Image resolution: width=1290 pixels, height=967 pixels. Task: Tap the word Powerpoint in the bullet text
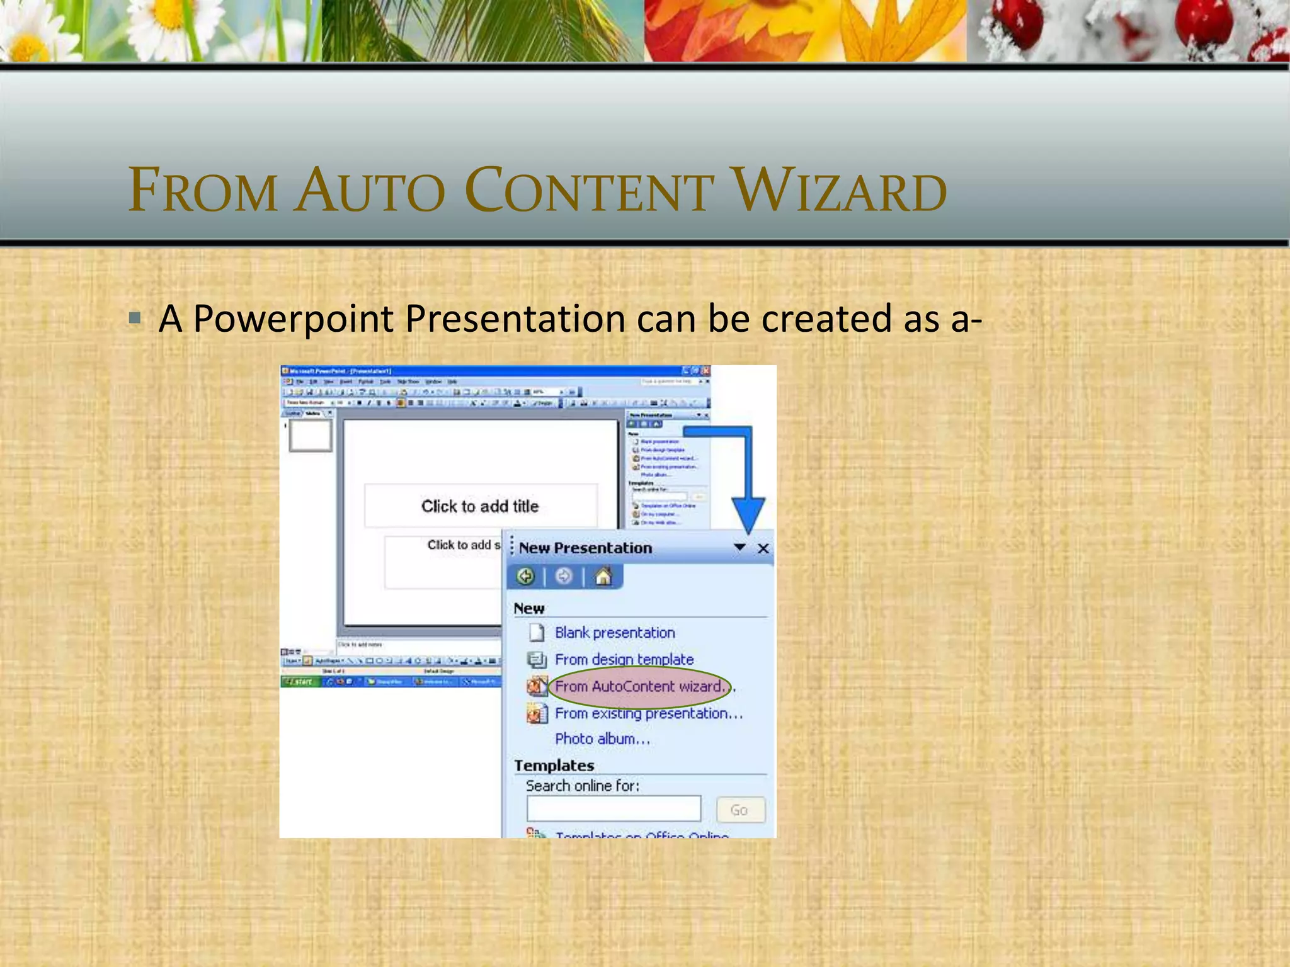(293, 319)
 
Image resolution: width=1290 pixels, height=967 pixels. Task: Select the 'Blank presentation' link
(614, 633)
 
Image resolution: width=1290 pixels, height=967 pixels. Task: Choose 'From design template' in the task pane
(624, 660)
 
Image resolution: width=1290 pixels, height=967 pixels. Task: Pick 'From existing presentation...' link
(648, 713)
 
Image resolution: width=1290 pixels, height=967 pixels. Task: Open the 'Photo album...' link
(602, 739)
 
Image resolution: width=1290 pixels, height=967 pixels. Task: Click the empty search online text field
(614, 809)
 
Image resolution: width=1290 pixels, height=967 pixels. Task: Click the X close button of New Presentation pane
(763, 549)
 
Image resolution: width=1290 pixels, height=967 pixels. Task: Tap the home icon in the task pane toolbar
(603, 577)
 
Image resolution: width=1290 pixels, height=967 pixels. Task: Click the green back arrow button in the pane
(525, 577)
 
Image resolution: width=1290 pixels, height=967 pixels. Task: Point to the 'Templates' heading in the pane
(554, 766)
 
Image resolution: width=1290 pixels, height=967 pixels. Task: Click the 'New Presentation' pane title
(585, 548)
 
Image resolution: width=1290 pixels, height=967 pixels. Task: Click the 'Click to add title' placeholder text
(480, 506)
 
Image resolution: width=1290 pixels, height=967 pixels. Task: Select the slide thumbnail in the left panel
(310, 435)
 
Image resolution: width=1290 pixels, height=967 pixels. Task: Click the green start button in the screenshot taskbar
(300, 682)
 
